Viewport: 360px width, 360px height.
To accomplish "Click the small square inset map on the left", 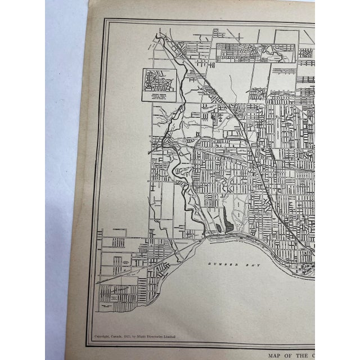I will click(159, 85).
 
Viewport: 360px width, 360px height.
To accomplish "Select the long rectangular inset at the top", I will click(245, 53).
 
